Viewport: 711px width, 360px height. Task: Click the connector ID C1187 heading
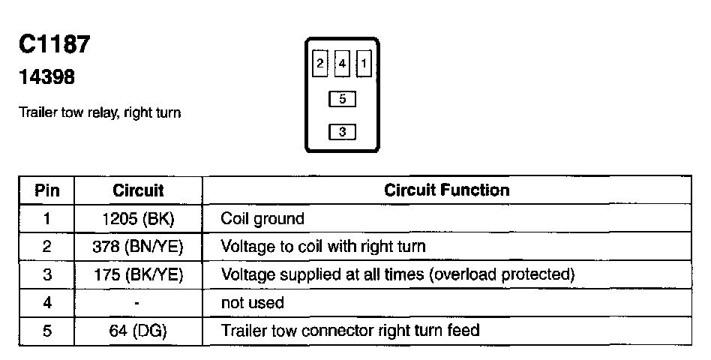(x=55, y=45)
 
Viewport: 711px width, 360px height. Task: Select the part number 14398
(x=46, y=77)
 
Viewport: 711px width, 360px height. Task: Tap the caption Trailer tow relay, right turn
(x=100, y=114)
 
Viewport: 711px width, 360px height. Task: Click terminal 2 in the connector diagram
(x=320, y=64)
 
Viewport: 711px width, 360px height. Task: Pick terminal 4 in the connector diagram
(x=342, y=64)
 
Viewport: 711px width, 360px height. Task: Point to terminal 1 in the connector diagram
(x=364, y=64)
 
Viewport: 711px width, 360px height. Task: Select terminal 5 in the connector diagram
(x=342, y=98)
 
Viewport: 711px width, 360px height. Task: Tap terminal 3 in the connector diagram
(x=342, y=132)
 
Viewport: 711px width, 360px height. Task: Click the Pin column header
(x=47, y=190)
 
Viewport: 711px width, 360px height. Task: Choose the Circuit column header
(x=138, y=190)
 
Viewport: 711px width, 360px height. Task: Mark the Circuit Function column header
(x=446, y=190)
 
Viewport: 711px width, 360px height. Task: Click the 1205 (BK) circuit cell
(x=138, y=219)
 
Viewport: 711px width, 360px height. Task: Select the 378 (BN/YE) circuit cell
(x=138, y=247)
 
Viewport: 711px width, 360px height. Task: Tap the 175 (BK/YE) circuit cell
(x=138, y=274)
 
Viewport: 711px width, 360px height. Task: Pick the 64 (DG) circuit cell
(x=138, y=330)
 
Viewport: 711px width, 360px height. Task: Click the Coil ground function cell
(x=262, y=219)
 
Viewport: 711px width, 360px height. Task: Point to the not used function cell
(x=252, y=302)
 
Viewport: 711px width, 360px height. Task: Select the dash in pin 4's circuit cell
(x=138, y=303)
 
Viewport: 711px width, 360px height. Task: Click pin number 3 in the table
(x=47, y=274)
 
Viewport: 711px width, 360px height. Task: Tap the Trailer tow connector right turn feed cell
(x=350, y=330)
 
